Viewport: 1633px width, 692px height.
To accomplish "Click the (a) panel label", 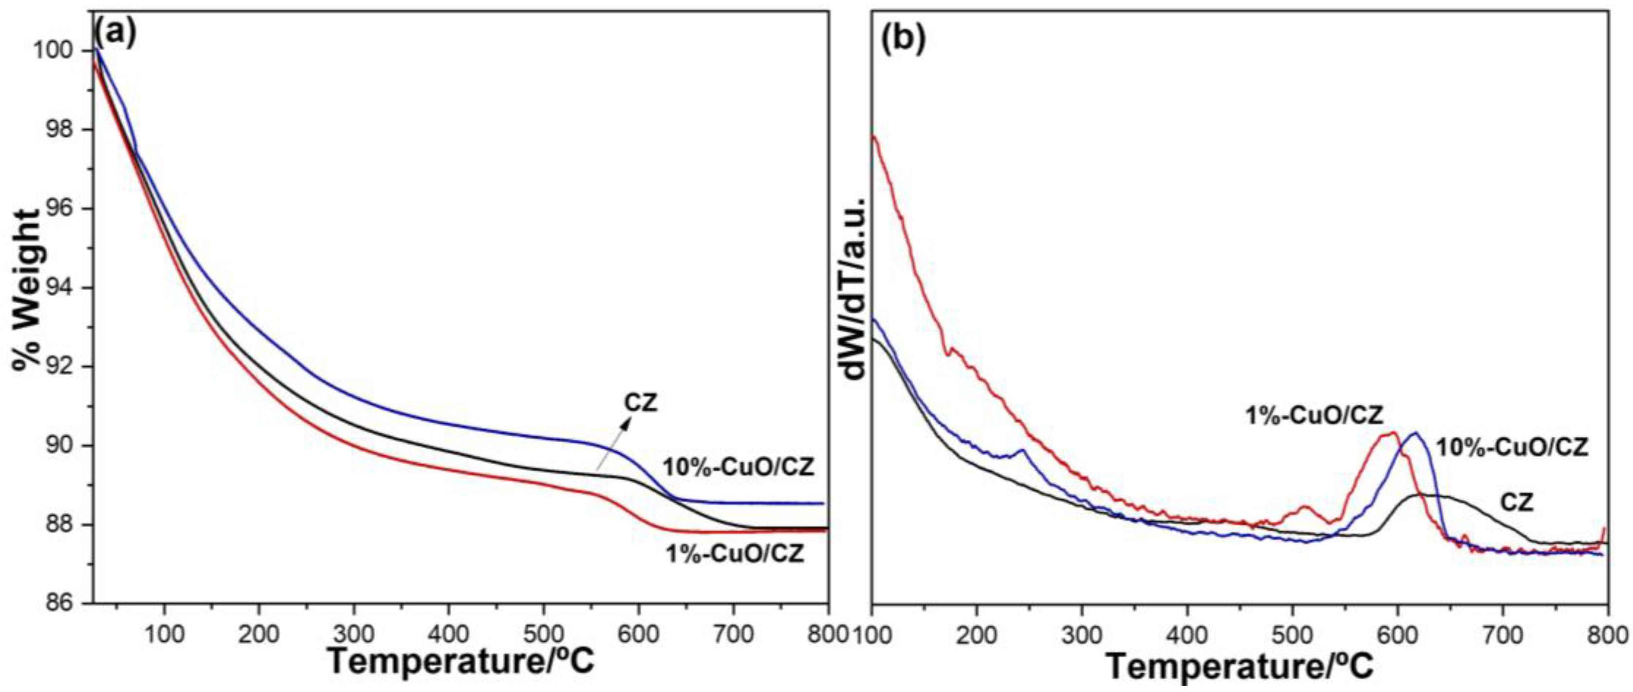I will [115, 33].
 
